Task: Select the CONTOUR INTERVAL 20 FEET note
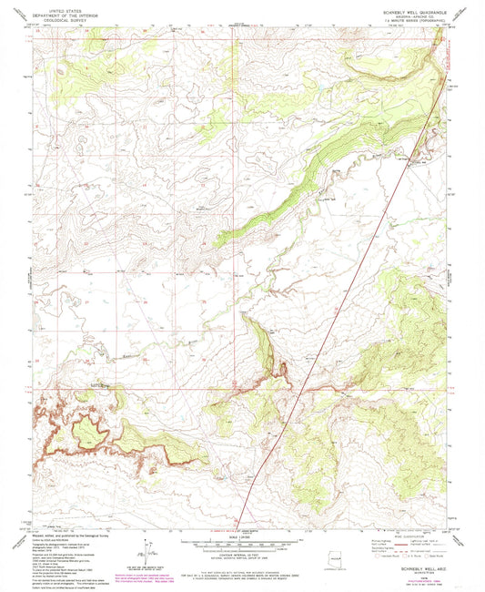(x=242, y=553)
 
